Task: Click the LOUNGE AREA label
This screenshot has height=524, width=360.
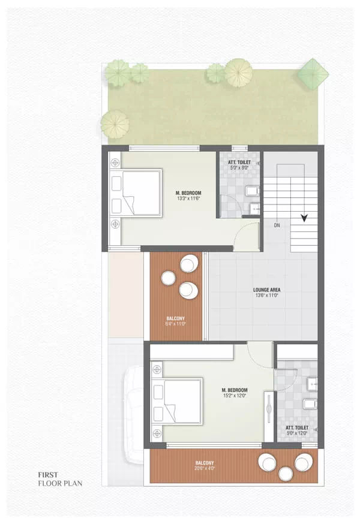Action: tap(267, 290)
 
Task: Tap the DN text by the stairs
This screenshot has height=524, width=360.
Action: tap(277, 225)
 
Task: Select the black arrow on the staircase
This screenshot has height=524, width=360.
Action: tap(305, 218)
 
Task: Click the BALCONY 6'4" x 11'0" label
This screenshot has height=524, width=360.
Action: tap(176, 321)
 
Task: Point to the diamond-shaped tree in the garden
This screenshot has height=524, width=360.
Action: tap(313, 73)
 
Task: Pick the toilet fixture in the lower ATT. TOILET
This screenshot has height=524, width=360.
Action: tap(309, 403)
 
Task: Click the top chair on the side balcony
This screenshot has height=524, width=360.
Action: tap(190, 264)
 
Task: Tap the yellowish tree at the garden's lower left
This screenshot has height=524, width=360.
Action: tap(114, 124)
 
